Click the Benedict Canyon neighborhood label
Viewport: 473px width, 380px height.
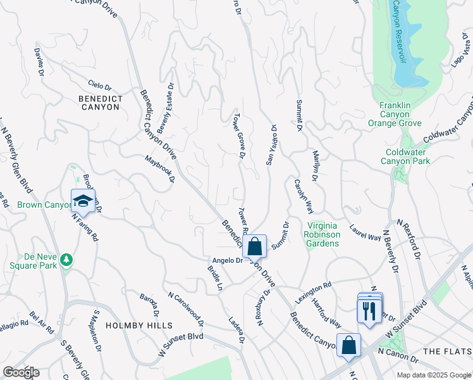(99, 103)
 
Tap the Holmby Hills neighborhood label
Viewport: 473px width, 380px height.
(139, 325)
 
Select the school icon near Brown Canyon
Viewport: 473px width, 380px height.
(83, 202)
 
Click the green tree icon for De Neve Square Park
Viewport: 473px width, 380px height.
(66, 259)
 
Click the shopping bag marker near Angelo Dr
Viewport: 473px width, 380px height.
(254, 247)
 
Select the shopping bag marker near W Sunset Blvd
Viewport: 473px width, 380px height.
(348, 345)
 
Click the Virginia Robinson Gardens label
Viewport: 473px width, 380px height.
(324, 234)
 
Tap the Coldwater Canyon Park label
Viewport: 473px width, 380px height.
(405, 156)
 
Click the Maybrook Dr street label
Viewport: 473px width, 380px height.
(159, 168)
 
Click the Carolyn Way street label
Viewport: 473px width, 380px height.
(303, 196)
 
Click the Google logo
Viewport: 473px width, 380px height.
(21, 372)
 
